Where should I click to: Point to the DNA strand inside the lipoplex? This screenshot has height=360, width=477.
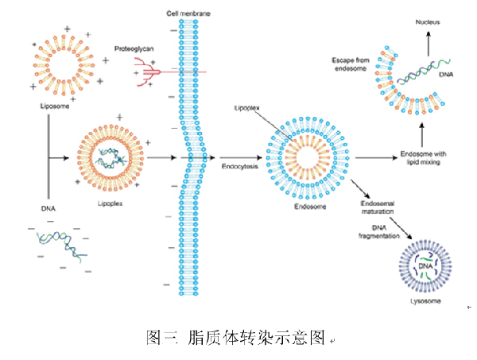tap(108, 160)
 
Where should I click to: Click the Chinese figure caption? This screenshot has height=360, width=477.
tap(238, 338)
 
